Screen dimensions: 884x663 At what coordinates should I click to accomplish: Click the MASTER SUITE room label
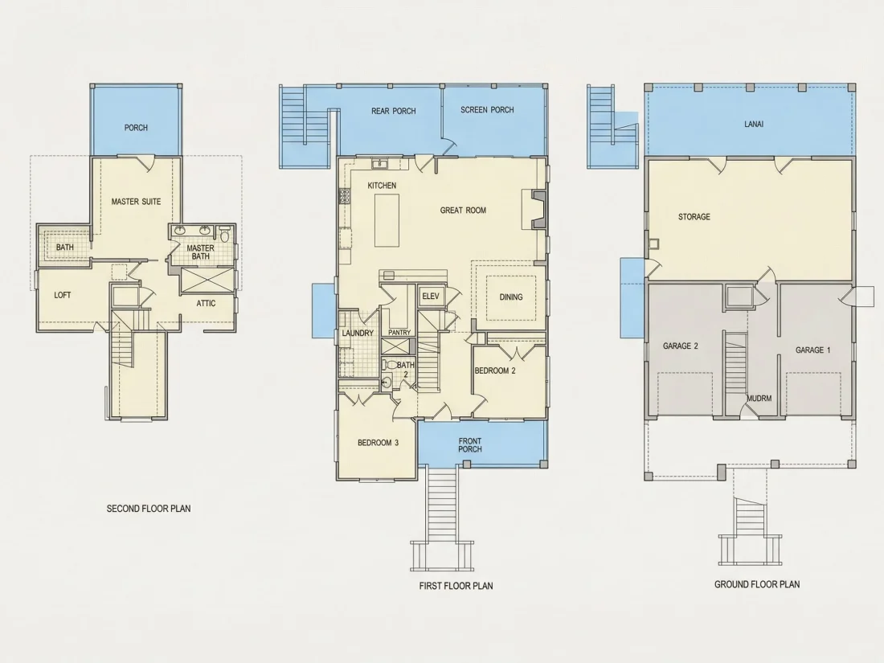coord(136,201)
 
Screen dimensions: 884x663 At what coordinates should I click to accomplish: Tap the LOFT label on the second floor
coord(63,295)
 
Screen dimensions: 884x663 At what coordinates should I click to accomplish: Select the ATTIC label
coord(206,303)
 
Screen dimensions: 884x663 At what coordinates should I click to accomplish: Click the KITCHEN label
coord(382,186)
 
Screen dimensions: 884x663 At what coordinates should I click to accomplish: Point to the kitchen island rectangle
coord(387,220)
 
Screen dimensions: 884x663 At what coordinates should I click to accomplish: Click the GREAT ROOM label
coord(463,211)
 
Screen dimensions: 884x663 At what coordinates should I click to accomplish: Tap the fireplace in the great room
coord(534,209)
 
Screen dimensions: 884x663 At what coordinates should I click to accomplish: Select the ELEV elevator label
coord(431,296)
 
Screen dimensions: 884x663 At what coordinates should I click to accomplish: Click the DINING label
coord(511,297)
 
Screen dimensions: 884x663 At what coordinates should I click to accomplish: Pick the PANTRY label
coord(399,333)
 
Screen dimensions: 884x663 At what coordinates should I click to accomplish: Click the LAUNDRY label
coord(358,334)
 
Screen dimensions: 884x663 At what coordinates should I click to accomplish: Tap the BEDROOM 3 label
coord(378,443)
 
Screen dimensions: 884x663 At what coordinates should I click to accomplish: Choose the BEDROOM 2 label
coord(495,371)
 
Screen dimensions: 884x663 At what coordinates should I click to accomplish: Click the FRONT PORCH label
coord(470,445)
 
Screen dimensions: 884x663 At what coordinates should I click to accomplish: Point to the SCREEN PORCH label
coord(487,110)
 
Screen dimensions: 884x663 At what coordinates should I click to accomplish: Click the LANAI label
coord(754,124)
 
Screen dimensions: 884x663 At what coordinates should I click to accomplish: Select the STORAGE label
coord(694,216)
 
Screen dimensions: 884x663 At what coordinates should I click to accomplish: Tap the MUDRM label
coord(759,398)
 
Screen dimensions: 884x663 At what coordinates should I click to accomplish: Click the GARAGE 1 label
coord(813,350)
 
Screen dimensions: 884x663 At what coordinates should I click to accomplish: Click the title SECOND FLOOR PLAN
coord(149,509)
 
